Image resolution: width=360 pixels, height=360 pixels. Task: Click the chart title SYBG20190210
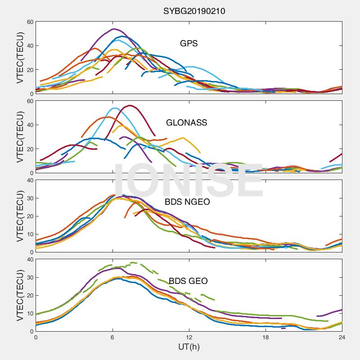coord(194,11)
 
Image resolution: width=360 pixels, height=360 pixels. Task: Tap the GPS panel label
coord(189,44)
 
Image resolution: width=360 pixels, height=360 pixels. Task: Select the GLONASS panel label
coord(186,122)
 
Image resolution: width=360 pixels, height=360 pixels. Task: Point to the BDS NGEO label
coord(188,202)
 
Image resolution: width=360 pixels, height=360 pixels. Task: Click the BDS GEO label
coord(188,282)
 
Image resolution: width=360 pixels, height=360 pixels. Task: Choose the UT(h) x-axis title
coord(189,347)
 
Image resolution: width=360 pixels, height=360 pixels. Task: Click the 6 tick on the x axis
coord(112,337)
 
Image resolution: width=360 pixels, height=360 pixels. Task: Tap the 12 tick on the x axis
coord(189,337)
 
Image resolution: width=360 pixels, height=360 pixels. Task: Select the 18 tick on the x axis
coord(265,337)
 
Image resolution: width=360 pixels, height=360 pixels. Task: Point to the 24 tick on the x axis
coord(342,337)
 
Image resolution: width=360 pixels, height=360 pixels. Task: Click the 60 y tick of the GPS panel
coord(30,22)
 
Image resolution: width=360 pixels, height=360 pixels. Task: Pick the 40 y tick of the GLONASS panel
coord(30,125)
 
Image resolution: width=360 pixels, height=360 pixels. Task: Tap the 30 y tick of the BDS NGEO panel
coord(30,198)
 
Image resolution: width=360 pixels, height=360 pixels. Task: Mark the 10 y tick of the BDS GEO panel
coord(30,313)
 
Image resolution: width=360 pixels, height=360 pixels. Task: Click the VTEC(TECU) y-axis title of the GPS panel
coord(20,58)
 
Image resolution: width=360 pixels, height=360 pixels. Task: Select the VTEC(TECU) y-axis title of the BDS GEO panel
coord(20,295)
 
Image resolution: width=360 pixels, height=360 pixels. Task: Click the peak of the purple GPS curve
coord(113,29)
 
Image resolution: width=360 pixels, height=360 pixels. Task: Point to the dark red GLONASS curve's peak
coord(130,105)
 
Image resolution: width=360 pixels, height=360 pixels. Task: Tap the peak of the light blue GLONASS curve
coord(114,108)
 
